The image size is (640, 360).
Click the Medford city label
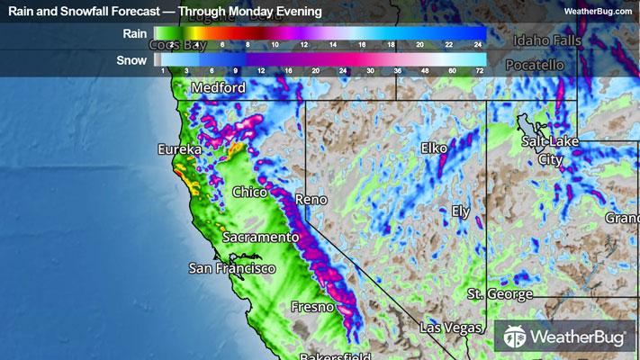pos(218,88)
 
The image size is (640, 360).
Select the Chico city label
pos(250,192)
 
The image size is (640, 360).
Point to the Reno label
pos(312,199)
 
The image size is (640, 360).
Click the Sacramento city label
pos(260,237)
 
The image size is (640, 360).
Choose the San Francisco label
pos(231,268)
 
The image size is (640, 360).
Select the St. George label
pos(500,294)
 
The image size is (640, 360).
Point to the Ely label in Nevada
pos(461,211)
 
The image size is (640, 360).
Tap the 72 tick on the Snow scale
pos(479,70)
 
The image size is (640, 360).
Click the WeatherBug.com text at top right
pos(597,11)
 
